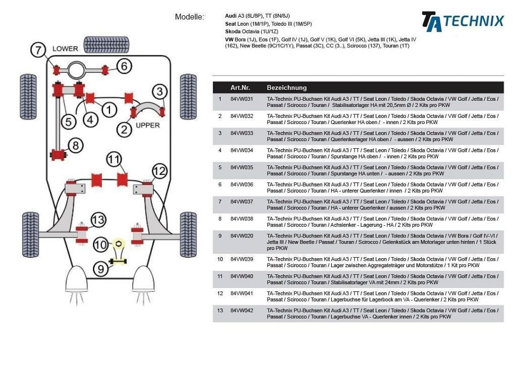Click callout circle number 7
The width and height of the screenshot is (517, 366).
tap(38, 50)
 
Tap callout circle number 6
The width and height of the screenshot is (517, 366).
tap(125, 66)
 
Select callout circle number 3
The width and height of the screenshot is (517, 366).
tap(160, 92)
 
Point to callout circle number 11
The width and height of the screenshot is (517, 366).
tap(114, 160)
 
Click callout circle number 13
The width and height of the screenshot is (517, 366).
tap(98, 220)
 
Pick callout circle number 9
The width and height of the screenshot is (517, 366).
tap(101, 270)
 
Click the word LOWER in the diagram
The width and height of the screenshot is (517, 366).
tap(65, 49)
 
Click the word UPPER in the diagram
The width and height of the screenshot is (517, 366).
tap(147, 126)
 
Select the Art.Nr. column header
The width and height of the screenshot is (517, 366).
tap(240, 88)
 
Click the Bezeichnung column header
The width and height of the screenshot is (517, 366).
tap(286, 88)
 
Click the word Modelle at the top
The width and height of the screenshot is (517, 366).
tap(189, 17)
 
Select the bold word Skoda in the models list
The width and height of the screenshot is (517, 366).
tap(233, 31)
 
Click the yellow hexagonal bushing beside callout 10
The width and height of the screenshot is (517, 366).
tap(117, 243)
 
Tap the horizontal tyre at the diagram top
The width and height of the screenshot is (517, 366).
tap(106, 45)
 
